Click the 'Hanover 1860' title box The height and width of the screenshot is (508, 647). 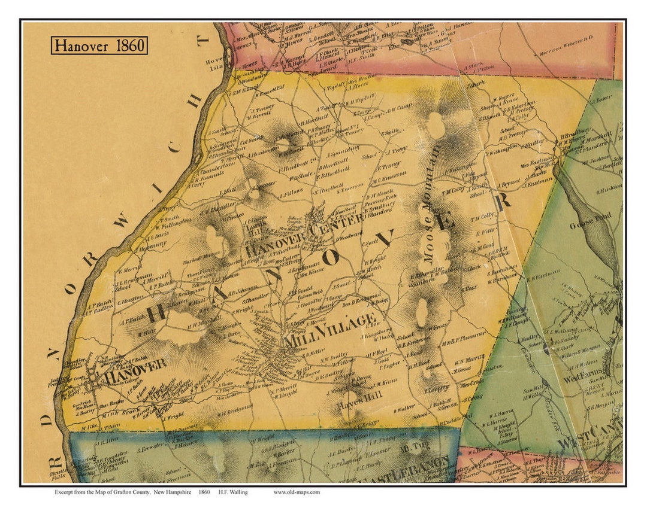(x=99, y=45)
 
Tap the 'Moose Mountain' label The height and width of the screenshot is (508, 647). (x=433, y=203)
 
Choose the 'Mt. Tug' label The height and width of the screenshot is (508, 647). (x=411, y=446)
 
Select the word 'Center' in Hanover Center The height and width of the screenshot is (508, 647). (x=328, y=230)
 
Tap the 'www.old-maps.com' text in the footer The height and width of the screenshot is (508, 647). (x=297, y=492)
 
